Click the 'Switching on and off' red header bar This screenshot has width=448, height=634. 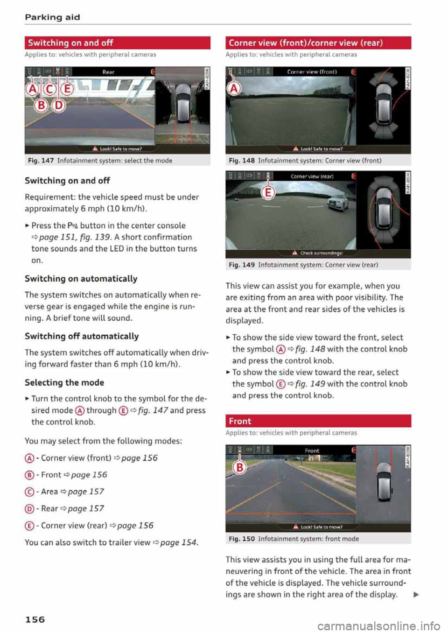click(x=117, y=43)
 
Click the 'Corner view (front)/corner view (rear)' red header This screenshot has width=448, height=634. click(x=318, y=43)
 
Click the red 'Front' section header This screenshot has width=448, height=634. click(x=318, y=421)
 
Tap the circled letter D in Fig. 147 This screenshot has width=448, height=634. click(x=58, y=105)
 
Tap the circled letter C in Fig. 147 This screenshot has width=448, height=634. click(x=49, y=89)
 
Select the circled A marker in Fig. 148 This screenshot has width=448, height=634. click(x=234, y=88)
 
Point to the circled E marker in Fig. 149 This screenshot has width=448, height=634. click(x=268, y=192)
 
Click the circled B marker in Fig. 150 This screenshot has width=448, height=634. click(x=239, y=467)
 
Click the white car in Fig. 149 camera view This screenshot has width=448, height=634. click(x=335, y=203)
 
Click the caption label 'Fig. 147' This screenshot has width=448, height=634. click(x=41, y=161)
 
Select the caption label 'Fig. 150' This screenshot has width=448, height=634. click(x=242, y=539)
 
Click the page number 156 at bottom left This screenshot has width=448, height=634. click(x=35, y=620)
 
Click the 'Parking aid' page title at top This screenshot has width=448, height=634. click(x=52, y=17)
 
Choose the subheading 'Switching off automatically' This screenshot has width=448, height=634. click(x=82, y=336)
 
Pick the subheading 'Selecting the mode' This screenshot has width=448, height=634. click(x=64, y=382)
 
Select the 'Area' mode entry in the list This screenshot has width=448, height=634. click(x=49, y=492)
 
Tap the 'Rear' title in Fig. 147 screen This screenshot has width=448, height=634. click(x=108, y=72)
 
